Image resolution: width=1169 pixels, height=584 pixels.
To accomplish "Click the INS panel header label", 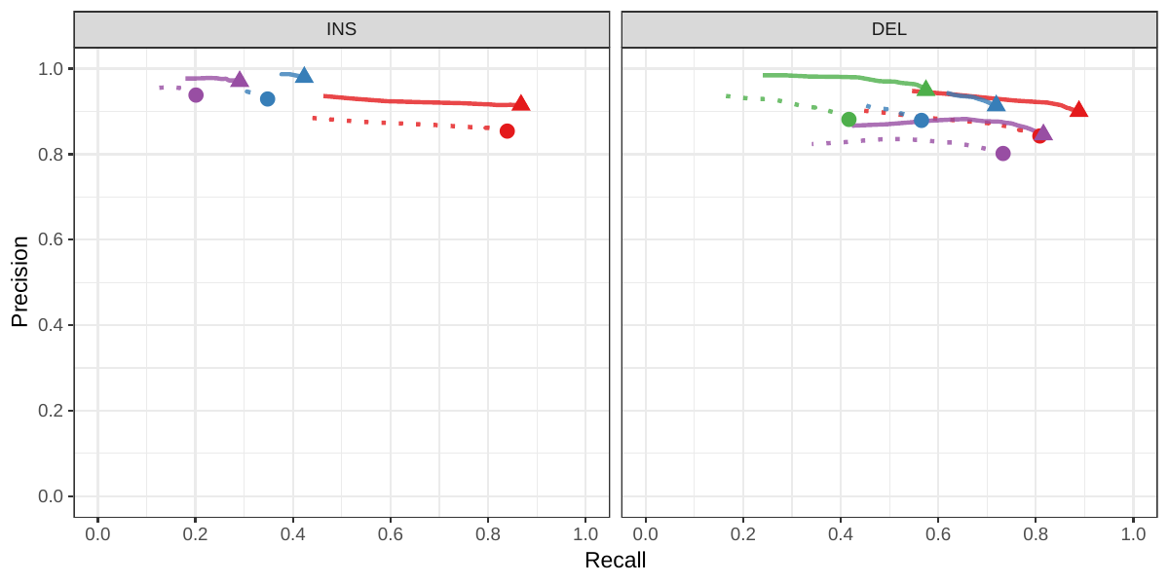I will (x=341, y=29).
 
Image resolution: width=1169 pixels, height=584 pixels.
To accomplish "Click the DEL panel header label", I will (x=888, y=29).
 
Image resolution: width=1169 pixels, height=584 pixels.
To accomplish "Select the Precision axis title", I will (x=19, y=281).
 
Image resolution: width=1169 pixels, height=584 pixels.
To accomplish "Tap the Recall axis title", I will (x=615, y=561).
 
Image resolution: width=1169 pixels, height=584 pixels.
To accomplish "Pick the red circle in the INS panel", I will (x=507, y=131).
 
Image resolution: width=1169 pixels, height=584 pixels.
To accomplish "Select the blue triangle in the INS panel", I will (x=304, y=76).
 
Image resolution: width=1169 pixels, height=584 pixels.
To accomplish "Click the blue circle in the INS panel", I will (x=268, y=99).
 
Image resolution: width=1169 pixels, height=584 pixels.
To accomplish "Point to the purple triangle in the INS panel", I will (x=240, y=80).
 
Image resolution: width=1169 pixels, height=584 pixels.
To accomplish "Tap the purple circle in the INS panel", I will (x=196, y=95).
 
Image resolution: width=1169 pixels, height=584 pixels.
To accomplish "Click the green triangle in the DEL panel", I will (x=925, y=89).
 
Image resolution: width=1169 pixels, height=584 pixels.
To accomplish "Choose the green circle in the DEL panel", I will (x=848, y=120).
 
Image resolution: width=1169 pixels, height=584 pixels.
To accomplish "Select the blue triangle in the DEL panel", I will (x=996, y=103).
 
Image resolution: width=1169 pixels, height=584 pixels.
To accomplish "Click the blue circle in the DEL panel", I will (x=922, y=121).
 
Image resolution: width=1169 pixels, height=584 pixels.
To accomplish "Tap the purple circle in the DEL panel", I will (x=1003, y=154).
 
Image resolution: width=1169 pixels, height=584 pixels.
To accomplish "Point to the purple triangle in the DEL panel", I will (x=1043, y=132).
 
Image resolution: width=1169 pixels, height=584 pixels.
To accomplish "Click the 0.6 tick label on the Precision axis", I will (x=51, y=239).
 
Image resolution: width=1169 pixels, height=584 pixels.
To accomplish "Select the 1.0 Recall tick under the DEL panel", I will (x=1133, y=533).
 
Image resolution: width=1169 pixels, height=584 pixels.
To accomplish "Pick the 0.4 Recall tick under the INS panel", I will (x=293, y=533).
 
